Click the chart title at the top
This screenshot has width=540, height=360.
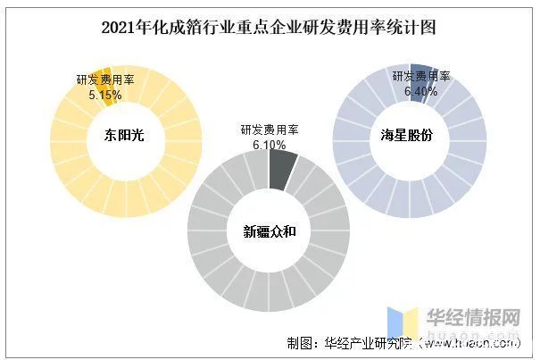pyautogui.click(x=269, y=27)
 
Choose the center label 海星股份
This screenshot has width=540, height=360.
pyautogui.click(x=409, y=135)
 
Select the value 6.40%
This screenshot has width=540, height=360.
pyautogui.click(x=422, y=90)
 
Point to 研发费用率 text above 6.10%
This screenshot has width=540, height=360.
pyautogui.click(x=269, y=130)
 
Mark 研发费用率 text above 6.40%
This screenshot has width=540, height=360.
pyautogui.click(x=422, y=77)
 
